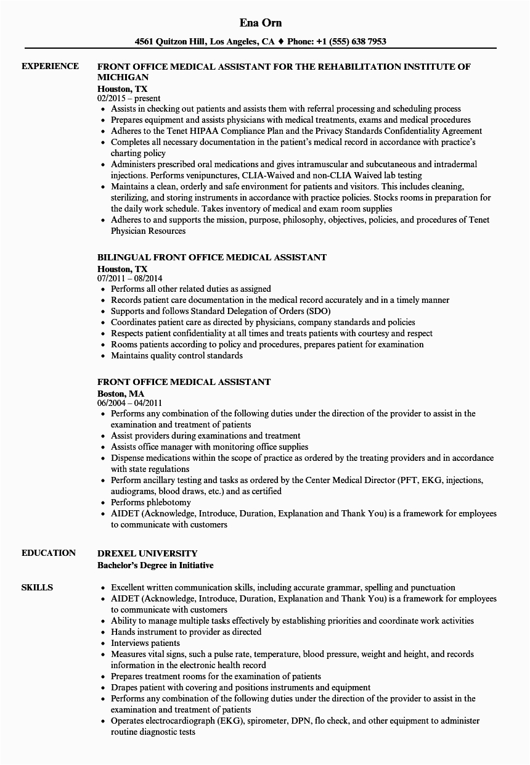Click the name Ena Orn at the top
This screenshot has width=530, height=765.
point(261,23)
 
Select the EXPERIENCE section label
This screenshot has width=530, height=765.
point(50,66)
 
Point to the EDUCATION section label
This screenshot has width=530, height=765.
point(49,553)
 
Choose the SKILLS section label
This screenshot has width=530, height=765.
point(37,587)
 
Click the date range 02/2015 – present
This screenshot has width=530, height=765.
point(129,98)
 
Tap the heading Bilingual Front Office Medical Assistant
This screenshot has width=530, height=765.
point(212,257)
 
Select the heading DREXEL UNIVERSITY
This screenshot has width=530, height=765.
point(147,553)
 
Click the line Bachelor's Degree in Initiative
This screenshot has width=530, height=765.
point(155,564)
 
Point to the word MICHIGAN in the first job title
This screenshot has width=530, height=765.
point(123,77)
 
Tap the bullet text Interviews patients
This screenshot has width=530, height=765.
point(145,643)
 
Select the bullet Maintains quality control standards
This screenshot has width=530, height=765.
point(176,355)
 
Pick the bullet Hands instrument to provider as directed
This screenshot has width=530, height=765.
point(186,632)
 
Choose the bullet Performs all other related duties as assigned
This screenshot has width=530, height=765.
point(190,289)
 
